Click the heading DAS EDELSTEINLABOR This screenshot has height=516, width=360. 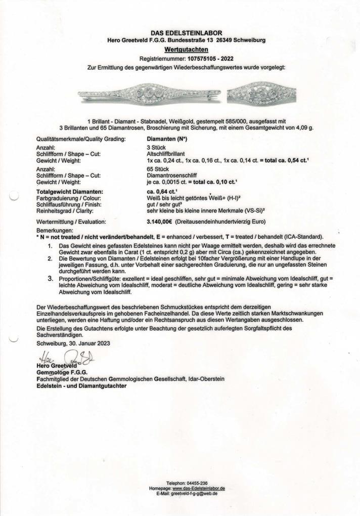(186, 33)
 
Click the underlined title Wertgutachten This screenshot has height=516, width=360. (186, 50)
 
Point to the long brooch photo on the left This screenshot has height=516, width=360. (149, 94)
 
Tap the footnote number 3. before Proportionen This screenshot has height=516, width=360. (50, 278)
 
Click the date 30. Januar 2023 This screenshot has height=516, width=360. (86, 343)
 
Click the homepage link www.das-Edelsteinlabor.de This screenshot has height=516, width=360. (199, 488)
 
